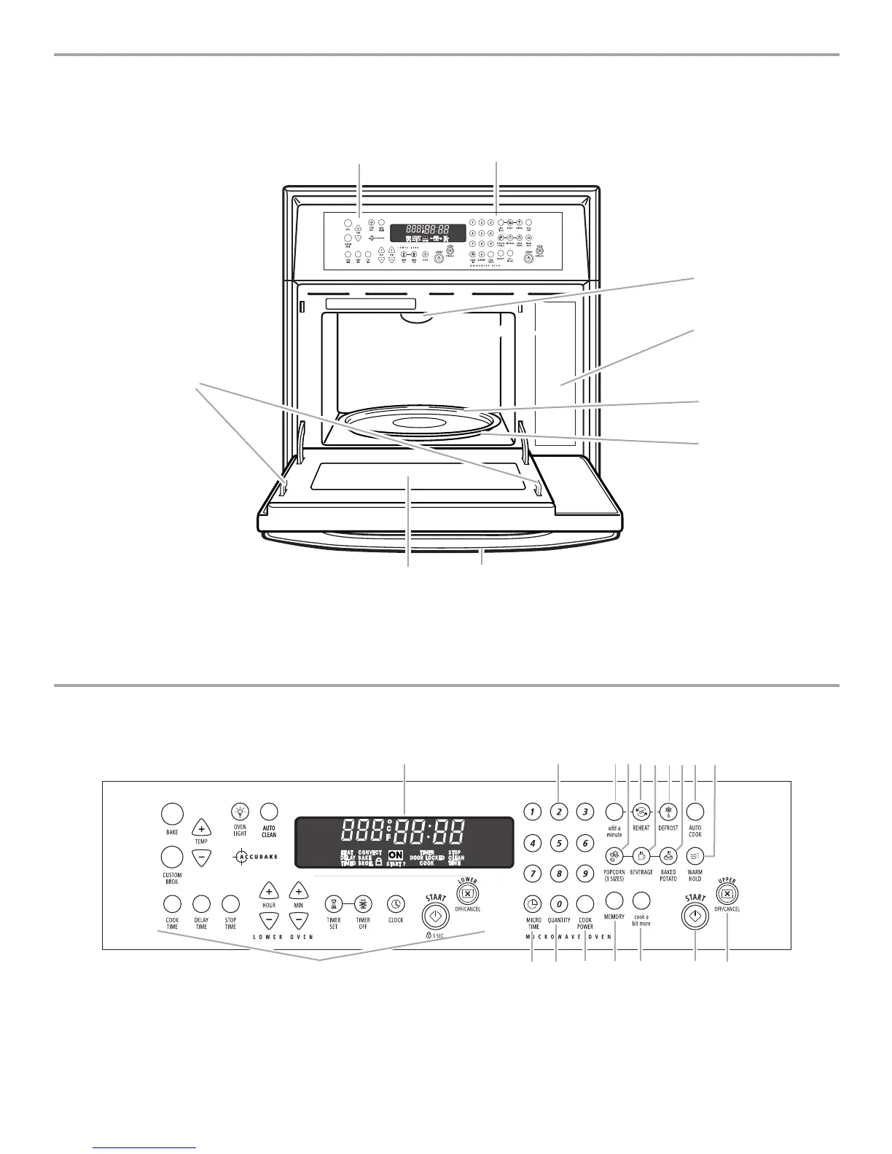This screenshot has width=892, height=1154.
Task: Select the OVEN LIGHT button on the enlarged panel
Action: coord(240,812)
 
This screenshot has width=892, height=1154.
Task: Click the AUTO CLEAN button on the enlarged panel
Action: coord(269,812)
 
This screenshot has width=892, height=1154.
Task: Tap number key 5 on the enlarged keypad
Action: coord(558,844)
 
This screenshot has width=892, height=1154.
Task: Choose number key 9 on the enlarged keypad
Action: coord(584,872)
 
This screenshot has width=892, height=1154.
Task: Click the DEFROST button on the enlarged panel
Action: coord(668,812)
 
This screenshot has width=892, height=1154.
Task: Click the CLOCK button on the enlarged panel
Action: coord(396,903)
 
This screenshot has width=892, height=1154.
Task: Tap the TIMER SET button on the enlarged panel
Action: coord(334,903)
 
